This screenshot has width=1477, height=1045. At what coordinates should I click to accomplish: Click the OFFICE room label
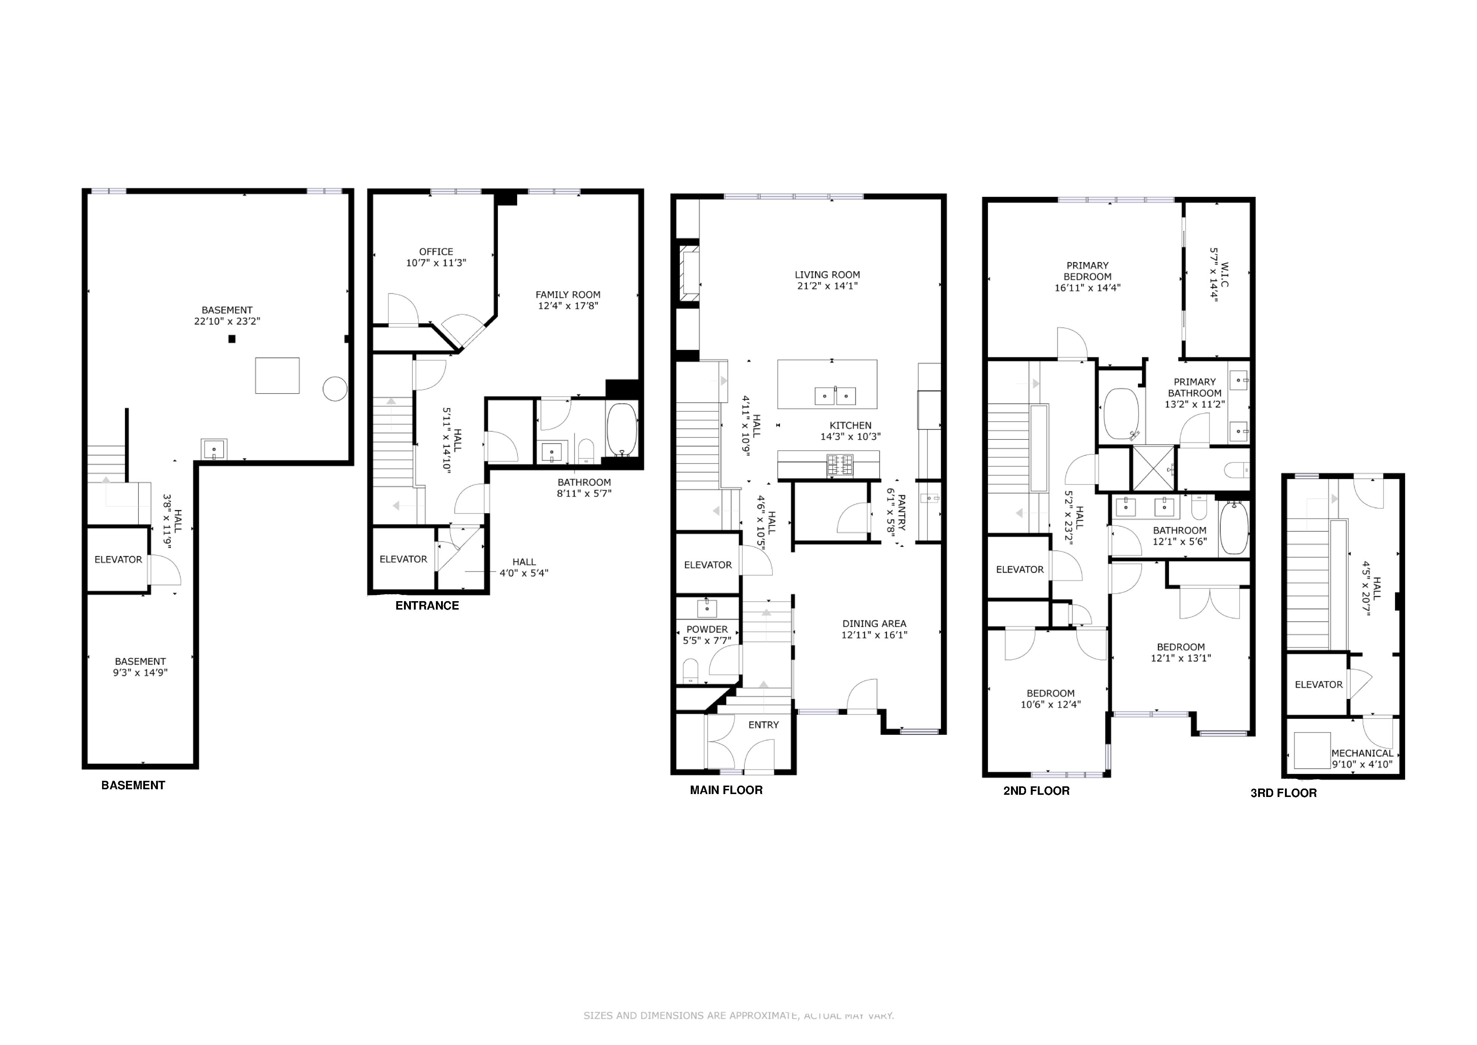436,252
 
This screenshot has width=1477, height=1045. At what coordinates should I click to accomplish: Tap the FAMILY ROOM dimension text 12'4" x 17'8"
568,306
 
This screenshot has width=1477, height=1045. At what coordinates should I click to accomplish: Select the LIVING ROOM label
827,275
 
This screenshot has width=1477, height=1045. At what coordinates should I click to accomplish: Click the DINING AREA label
874,624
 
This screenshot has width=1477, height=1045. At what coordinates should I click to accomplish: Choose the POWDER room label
707,629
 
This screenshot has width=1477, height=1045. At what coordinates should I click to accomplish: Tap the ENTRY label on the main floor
763,725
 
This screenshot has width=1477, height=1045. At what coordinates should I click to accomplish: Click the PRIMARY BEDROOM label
1088,271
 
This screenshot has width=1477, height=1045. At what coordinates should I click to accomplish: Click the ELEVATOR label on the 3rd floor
1319,685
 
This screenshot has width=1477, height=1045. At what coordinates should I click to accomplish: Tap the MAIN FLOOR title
726,790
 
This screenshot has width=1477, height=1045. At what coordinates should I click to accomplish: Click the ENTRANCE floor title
427,606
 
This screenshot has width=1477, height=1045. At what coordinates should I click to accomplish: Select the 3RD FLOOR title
1283,793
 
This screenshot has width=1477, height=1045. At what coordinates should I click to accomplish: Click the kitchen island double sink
835,396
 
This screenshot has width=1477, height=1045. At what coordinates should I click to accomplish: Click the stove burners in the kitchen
839,464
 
